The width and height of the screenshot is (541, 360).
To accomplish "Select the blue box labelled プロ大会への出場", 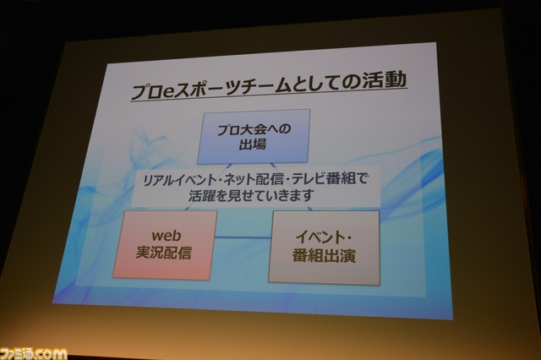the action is [254, 136].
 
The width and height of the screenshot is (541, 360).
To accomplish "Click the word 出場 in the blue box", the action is [253, 145].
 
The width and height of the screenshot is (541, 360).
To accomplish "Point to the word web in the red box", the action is [167, 236].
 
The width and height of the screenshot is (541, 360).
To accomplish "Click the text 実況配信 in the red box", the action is [163, 253].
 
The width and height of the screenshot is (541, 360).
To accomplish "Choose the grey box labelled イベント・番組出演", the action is [324, 248].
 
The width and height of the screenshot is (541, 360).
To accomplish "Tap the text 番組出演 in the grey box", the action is [324, 256].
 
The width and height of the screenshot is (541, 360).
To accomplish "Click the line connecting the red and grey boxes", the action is [243, 237].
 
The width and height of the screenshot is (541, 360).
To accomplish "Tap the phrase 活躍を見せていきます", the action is [251, 196].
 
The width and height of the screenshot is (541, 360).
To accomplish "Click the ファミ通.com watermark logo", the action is [34, 354].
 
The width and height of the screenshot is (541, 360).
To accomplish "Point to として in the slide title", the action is [316, 85].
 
